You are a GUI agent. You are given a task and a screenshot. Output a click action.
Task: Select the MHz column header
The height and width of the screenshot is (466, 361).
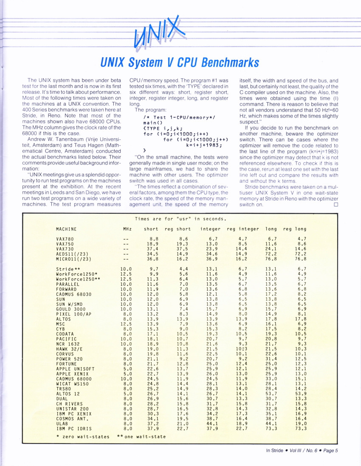127,229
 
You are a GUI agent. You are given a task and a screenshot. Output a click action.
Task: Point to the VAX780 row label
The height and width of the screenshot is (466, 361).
65,239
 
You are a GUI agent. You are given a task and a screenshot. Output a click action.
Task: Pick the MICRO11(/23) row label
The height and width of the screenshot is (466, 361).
74,258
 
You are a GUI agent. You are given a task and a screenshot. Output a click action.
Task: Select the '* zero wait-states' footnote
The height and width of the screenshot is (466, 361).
82,436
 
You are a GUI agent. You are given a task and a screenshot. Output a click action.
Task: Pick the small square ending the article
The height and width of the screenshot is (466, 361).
336,204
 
